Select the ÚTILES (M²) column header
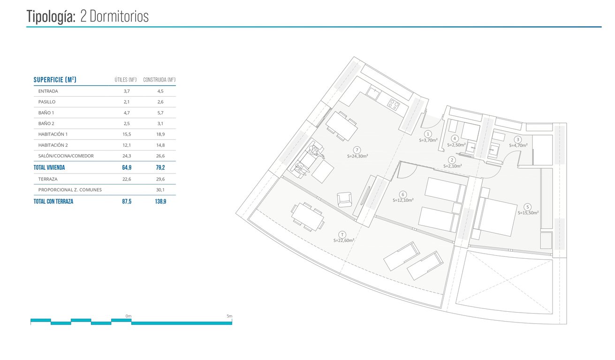click(126, 80)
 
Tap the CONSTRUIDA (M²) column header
click(159, 80)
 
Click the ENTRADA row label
click(48, 91)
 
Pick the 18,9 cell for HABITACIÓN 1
click(160, 134)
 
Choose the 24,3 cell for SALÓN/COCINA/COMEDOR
click(126, 156)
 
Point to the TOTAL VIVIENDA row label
click(49, 167)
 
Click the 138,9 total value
click(160, 202)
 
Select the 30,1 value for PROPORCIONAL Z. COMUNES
click(160, 190)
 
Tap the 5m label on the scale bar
click(229, 316)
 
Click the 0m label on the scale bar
click(129, 316)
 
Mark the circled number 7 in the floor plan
click(357, 150)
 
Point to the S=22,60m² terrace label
click(344, 240)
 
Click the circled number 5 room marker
click(528, 207)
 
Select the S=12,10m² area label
click(403, 200)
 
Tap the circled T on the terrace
click(342, 234)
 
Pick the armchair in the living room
click(344, 200)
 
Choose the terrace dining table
click(307, 216)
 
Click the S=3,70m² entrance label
click(428, 140)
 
